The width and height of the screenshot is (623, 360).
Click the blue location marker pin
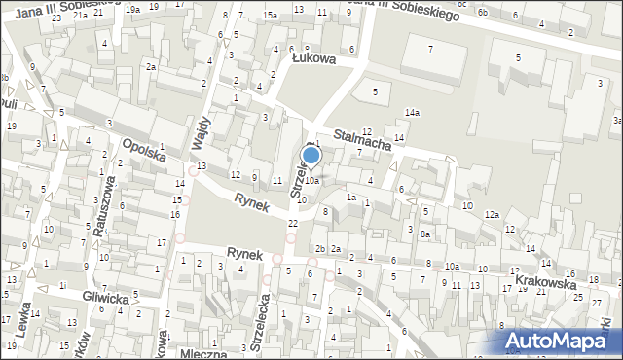click(311, 155)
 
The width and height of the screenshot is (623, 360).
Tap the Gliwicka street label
click(105, 299)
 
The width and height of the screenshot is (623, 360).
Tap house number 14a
click(413, 113)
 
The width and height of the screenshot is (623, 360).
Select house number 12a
click(493, 214)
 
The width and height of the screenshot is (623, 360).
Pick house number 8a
click(424, 234)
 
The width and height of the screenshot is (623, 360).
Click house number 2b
click(319, 249)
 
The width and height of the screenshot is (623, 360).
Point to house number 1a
click(351, 198)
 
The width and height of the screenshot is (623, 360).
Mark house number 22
click(293, 224)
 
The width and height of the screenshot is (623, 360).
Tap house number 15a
click(269, 15)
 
